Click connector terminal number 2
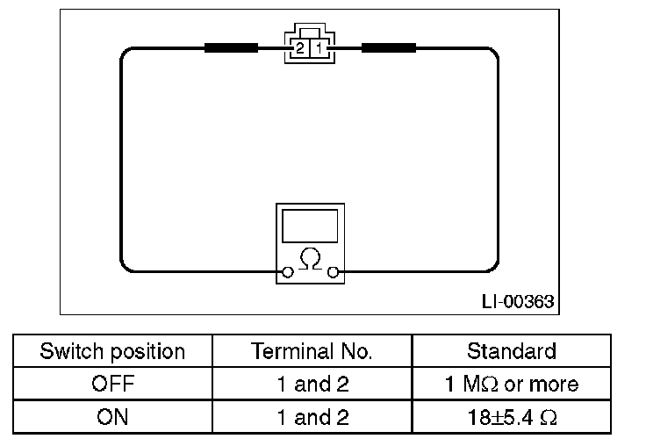point(300,48)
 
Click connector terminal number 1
point(320,48)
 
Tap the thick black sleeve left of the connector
point(231,47)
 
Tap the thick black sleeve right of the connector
point(389,47)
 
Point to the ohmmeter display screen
point(310,226)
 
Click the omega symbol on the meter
point(310,260)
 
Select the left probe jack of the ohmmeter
point(287,273)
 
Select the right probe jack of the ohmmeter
point(333,273)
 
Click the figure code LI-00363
point(518,302)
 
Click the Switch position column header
point(112,352)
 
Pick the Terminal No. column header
point(312,352)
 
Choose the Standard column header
point(511,352)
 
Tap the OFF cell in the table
point(112,385)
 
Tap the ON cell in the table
point(112,417)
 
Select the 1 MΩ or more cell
point(511,385)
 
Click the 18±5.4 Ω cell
point(511,417)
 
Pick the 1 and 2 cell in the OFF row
point(312,385)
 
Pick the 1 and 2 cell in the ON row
point(312,417)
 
